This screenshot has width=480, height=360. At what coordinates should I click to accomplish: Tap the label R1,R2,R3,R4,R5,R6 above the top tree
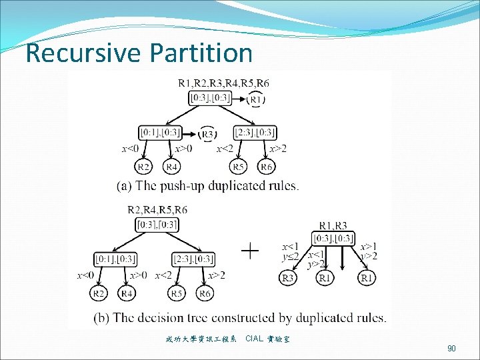(x=224, y=83)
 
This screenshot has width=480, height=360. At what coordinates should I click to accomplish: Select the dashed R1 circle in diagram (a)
(x=256, y=99)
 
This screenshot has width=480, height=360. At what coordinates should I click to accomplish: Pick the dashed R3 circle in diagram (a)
(x=208, y=133)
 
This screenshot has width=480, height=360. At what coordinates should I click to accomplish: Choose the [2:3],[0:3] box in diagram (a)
(x=255, y=133)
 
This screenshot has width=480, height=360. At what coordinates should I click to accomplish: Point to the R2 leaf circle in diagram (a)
(x=143, y=166)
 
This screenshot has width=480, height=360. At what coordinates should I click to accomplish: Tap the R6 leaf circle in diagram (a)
(x=266, y=166)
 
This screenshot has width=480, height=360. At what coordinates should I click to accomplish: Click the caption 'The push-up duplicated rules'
(x=208, y=186)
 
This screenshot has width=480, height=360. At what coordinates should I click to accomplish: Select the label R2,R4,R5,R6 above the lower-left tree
(x=157, y=209)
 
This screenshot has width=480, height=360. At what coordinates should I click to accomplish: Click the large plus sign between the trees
(x=249, y=251)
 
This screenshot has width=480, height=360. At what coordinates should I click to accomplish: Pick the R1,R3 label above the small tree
(x=333, y=226)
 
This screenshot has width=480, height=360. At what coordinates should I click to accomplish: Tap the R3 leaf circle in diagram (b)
(x=288, y=278)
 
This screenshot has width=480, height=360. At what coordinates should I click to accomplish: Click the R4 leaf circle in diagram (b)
(x=126, y=292)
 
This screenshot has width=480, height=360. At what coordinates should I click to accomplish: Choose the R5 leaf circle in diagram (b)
(x=176, y=292)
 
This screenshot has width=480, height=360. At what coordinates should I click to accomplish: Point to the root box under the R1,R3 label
(x=333, y=238)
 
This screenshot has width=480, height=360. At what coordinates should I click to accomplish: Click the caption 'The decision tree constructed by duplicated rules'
(x=251, y=318)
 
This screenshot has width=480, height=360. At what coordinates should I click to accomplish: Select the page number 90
(x=451, y=348)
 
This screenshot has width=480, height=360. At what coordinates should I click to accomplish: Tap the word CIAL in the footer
(x=254, y=339)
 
